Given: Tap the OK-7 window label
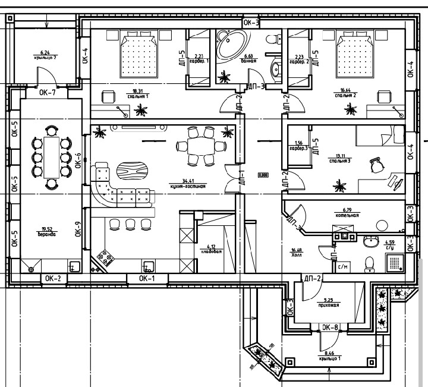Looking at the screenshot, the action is coord(48,93).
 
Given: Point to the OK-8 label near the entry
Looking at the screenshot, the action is coord(330,327).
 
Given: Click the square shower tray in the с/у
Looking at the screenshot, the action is coord(395,261).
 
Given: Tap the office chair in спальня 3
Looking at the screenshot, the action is coord(376,166).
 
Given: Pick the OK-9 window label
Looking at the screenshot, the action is coord(77,229).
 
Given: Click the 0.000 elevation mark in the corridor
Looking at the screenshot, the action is coord(262,175).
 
